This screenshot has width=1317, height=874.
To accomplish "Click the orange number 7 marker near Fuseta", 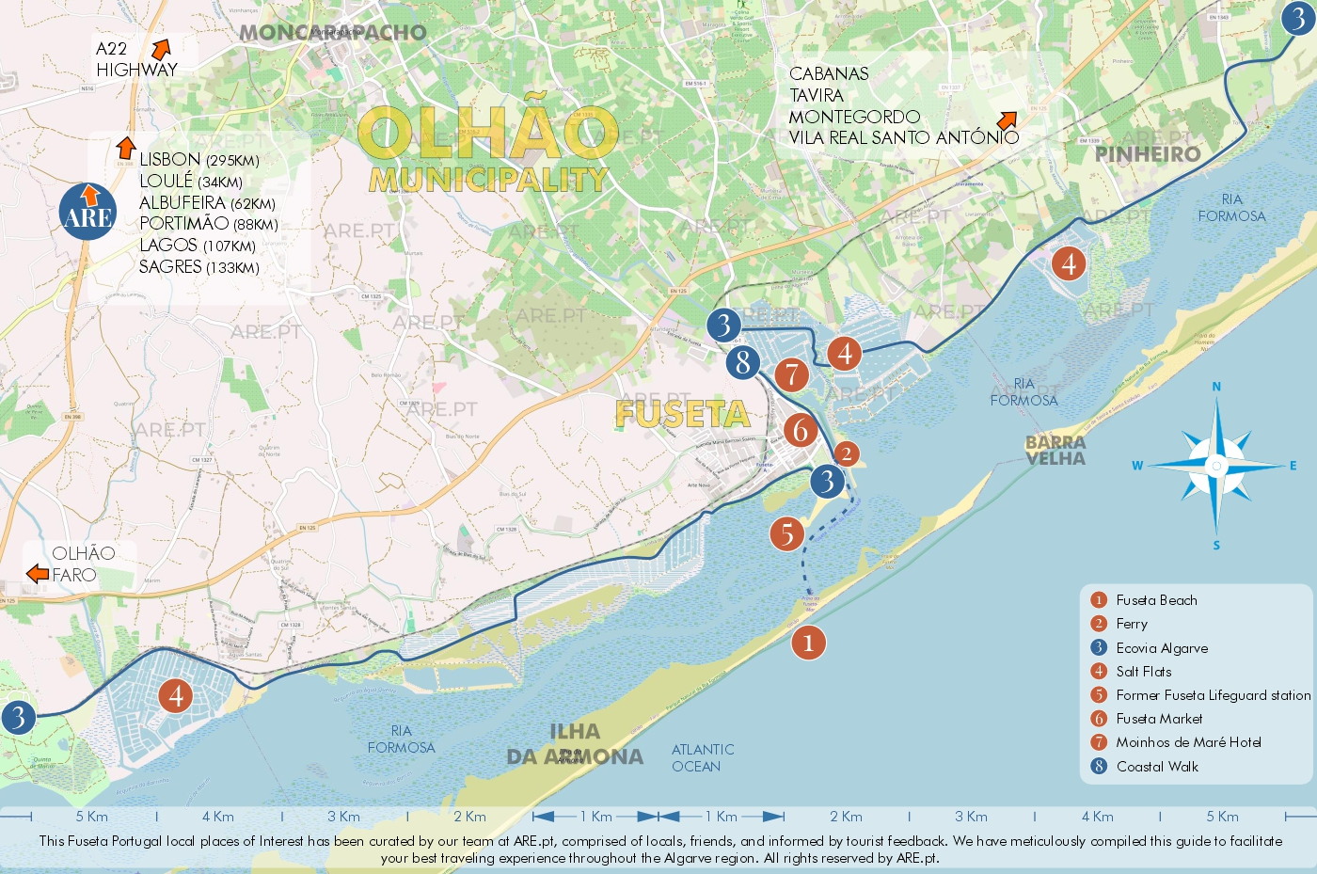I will coord(792,374).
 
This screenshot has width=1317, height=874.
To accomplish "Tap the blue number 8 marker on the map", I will coord(743,361).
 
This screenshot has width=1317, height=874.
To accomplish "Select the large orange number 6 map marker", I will coord(801,430).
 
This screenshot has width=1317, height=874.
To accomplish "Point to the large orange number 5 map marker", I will coord(787,534).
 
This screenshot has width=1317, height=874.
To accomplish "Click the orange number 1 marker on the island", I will coord(808,644).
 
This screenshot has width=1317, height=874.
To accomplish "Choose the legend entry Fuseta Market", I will coord(1159,719).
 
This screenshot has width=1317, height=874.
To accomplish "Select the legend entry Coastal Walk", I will coord(1157,767).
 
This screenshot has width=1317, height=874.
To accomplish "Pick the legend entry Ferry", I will coord(1132,624).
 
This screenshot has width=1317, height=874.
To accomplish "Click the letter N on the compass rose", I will coord(1216,387).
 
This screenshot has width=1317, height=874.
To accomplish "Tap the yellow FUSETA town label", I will coord(682,414).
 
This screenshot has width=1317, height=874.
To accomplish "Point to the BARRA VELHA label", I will coord(1055,451).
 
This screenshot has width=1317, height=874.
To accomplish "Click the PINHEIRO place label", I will coord(1148,154).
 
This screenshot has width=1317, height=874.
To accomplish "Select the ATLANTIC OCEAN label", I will coord(703,758).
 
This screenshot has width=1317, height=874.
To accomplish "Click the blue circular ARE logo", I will coord(87,212).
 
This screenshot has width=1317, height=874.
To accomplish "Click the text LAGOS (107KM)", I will coord(198,246).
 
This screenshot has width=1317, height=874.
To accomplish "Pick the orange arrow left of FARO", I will coord(37,574).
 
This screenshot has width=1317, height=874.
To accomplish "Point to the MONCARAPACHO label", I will coord(332,33).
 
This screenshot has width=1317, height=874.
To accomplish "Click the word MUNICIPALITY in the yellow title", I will coord(488,180).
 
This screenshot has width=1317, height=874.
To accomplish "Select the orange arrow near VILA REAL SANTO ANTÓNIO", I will coord(1007,120).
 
